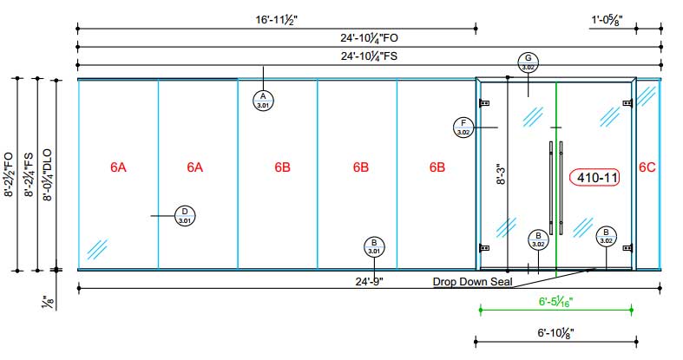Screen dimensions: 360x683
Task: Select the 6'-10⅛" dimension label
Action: tap(555, 332)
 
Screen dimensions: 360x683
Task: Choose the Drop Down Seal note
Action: tap(473, 282)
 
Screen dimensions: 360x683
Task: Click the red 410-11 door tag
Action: tap(595, 178)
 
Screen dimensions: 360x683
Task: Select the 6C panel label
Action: tap(647, 167)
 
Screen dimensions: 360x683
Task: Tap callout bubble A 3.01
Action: tap(262, 100)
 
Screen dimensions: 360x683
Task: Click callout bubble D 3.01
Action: tap(184, 215)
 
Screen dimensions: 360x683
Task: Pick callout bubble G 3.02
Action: tap(528, 62)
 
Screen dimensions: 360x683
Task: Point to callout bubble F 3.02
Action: tap(463, 128)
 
